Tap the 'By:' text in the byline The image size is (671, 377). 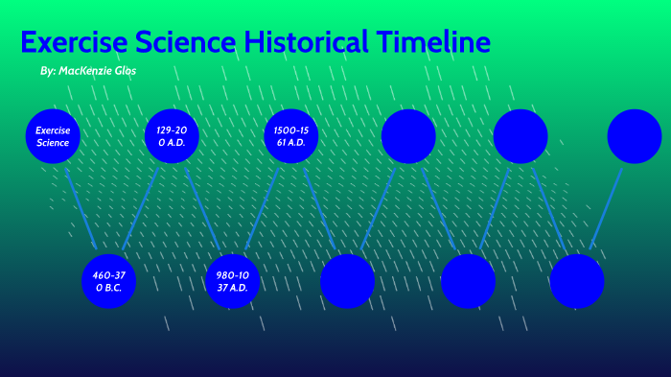click(48, 72)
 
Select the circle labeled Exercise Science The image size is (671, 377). click(53, 136)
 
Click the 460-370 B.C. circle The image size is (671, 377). click(108, 281)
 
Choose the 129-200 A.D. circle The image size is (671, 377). click(172, 136)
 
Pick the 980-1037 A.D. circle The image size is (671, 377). click(232, 281)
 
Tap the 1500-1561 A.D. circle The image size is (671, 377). click(290, 136)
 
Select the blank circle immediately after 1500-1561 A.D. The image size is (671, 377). click(347, 281)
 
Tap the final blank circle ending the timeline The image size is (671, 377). click(635, 136)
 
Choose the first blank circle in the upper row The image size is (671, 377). click(408, 136)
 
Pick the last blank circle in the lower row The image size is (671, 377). click(577, 281)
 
